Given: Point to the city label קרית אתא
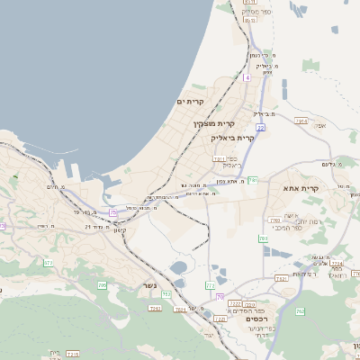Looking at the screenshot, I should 308,187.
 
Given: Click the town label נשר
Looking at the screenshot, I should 149,286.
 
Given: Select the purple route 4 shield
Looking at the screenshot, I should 247,77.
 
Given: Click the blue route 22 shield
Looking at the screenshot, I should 260,129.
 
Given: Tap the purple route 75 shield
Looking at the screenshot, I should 112,212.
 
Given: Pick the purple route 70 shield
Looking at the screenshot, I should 220,297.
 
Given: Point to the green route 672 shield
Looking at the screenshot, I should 49,263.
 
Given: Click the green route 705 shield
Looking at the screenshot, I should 102,285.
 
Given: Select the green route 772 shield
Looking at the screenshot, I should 211,285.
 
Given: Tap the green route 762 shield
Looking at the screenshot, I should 263,238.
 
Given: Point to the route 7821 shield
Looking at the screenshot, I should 282,278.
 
